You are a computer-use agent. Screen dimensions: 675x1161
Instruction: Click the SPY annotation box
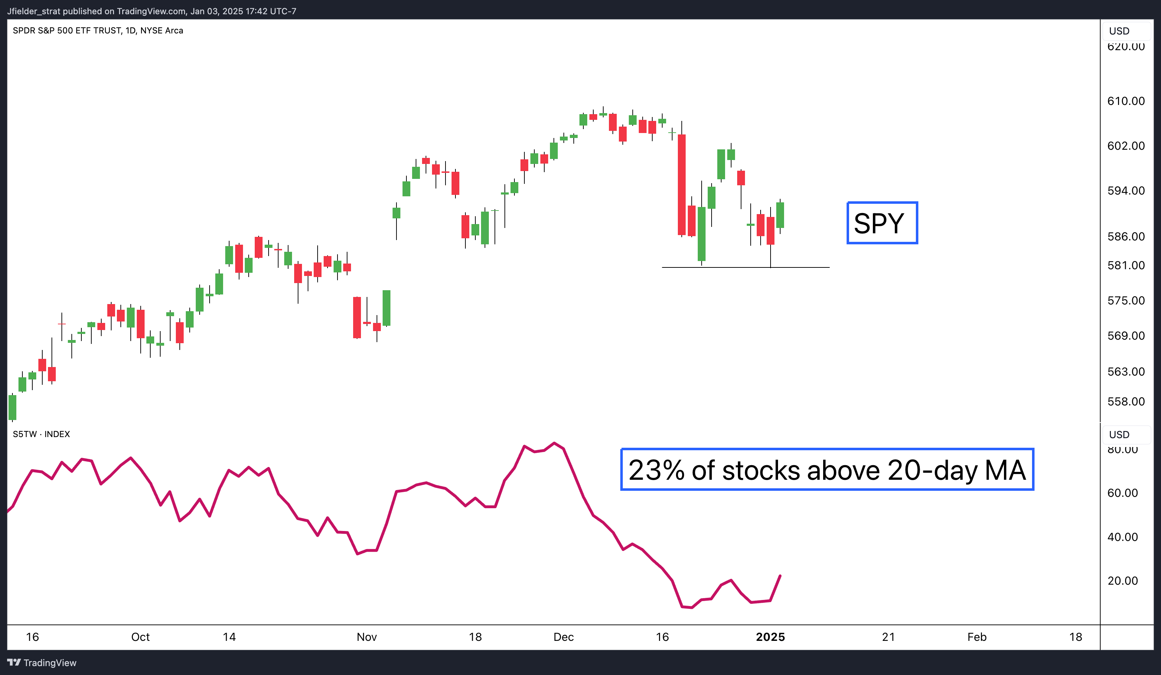(882, 223)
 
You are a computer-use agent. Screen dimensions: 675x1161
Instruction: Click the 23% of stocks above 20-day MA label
(827, 469)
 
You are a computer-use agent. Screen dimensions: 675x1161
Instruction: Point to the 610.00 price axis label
(1125, 101)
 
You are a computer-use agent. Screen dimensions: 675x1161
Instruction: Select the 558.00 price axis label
(1125, 402)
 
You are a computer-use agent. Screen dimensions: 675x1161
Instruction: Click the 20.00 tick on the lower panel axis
(1122, 580)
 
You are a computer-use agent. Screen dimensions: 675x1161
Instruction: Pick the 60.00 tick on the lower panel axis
(1122, 493)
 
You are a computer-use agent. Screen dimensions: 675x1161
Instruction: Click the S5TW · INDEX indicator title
(42, 434)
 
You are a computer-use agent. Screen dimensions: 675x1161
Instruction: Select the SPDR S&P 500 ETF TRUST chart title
(98, 31)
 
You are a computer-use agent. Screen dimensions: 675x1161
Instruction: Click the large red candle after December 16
(681, 185)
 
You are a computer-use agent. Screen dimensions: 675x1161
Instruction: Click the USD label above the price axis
(1119, 31)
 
